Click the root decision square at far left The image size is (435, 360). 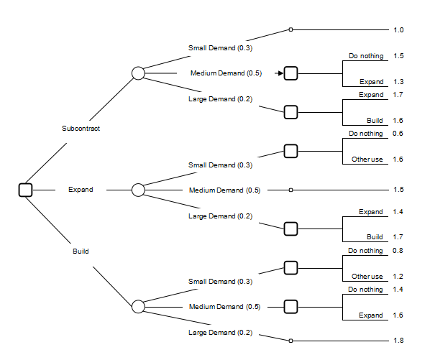click(x=26, y=190)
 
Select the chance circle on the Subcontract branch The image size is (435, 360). click(x=139, y=73)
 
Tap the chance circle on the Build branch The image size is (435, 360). click(x=139, y=307)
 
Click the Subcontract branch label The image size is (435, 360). click(x=81, y=129)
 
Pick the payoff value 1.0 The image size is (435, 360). click(x=398, y=30)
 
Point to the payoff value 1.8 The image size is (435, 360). click(x=398, y=340)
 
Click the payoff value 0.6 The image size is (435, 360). click(x=398, y=134)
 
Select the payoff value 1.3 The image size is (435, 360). click(x=398, y=83)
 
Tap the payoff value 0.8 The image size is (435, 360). click(x=398, y=251)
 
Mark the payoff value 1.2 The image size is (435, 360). click(x=398, y=277)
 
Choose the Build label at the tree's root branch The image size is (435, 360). click(x=81, y=251)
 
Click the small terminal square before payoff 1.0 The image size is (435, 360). click(x=290, y=30)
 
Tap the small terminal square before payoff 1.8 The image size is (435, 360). click(x=290, y=340)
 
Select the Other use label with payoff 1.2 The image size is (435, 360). click(x=367, y=277)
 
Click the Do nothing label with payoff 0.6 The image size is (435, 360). click(x=366, y=134)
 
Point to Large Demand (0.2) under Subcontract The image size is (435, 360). click(x=220, y=98)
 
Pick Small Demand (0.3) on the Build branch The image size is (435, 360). click(x=220, y=281)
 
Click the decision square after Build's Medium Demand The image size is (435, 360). click(x=290, y=307)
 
